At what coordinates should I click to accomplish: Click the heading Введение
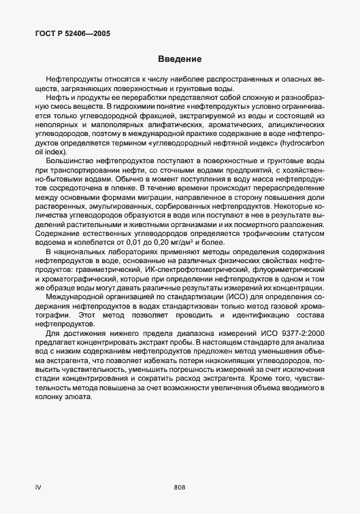point(180,58)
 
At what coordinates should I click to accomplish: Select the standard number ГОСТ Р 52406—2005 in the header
point(72,33)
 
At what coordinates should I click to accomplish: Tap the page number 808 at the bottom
point(180,486)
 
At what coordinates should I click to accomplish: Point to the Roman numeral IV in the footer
point(38,486)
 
